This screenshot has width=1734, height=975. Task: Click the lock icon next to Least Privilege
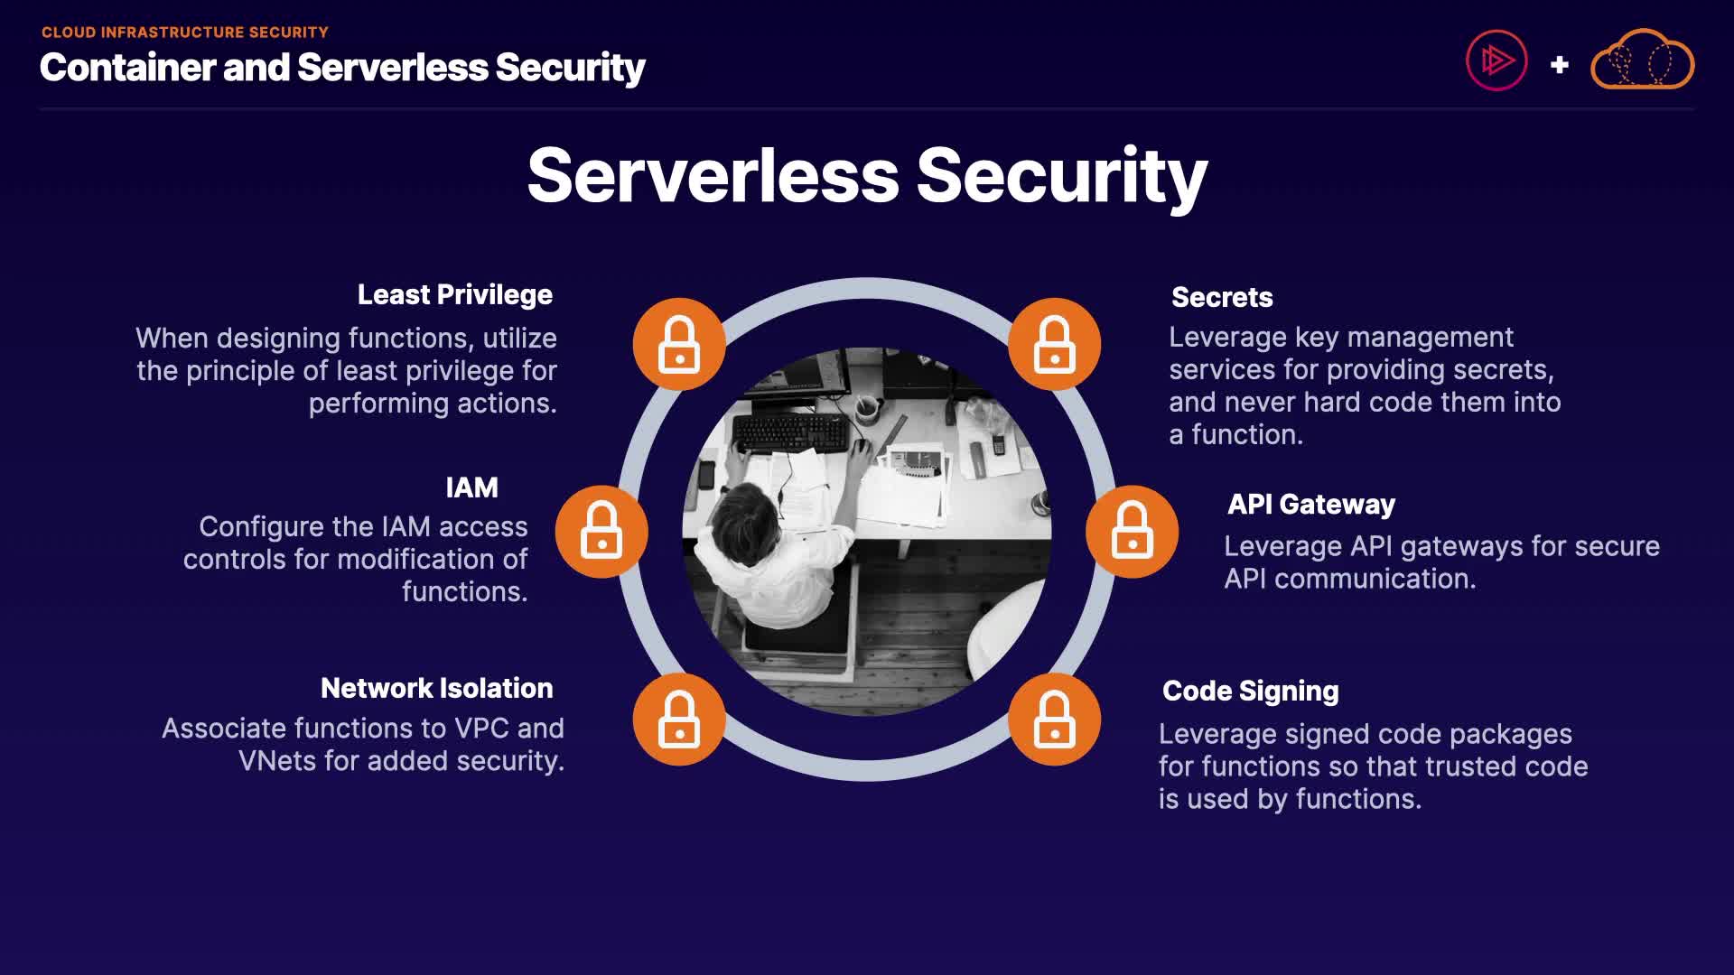pos(679,344)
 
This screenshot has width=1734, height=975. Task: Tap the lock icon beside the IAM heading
pos(601,532)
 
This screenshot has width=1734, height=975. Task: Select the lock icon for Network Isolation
pos(679,720)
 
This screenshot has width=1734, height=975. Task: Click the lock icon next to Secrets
pos(1054,344)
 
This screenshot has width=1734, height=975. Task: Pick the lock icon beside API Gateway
pos(1132,532)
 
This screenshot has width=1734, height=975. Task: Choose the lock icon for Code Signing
pos(1054,720)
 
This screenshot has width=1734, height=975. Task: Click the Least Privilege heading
pos(454,295)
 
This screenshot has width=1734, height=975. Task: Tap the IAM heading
pos(471,488)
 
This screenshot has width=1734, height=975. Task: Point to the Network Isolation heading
pos(436,689)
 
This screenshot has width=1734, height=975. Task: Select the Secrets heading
pos(1221,298)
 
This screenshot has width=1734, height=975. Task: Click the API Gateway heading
pos(1310,505)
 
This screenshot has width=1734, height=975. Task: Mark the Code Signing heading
pos(1250,692)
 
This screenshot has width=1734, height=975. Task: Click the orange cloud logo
pos(1642,60)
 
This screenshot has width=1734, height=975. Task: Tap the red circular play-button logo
pos(1496,61)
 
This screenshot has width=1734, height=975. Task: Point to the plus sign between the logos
pos(1559,65)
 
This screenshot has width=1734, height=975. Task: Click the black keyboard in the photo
pos(791,432)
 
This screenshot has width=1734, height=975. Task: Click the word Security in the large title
pos(1061,176)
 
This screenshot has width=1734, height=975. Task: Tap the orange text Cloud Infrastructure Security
pos(185,32)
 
